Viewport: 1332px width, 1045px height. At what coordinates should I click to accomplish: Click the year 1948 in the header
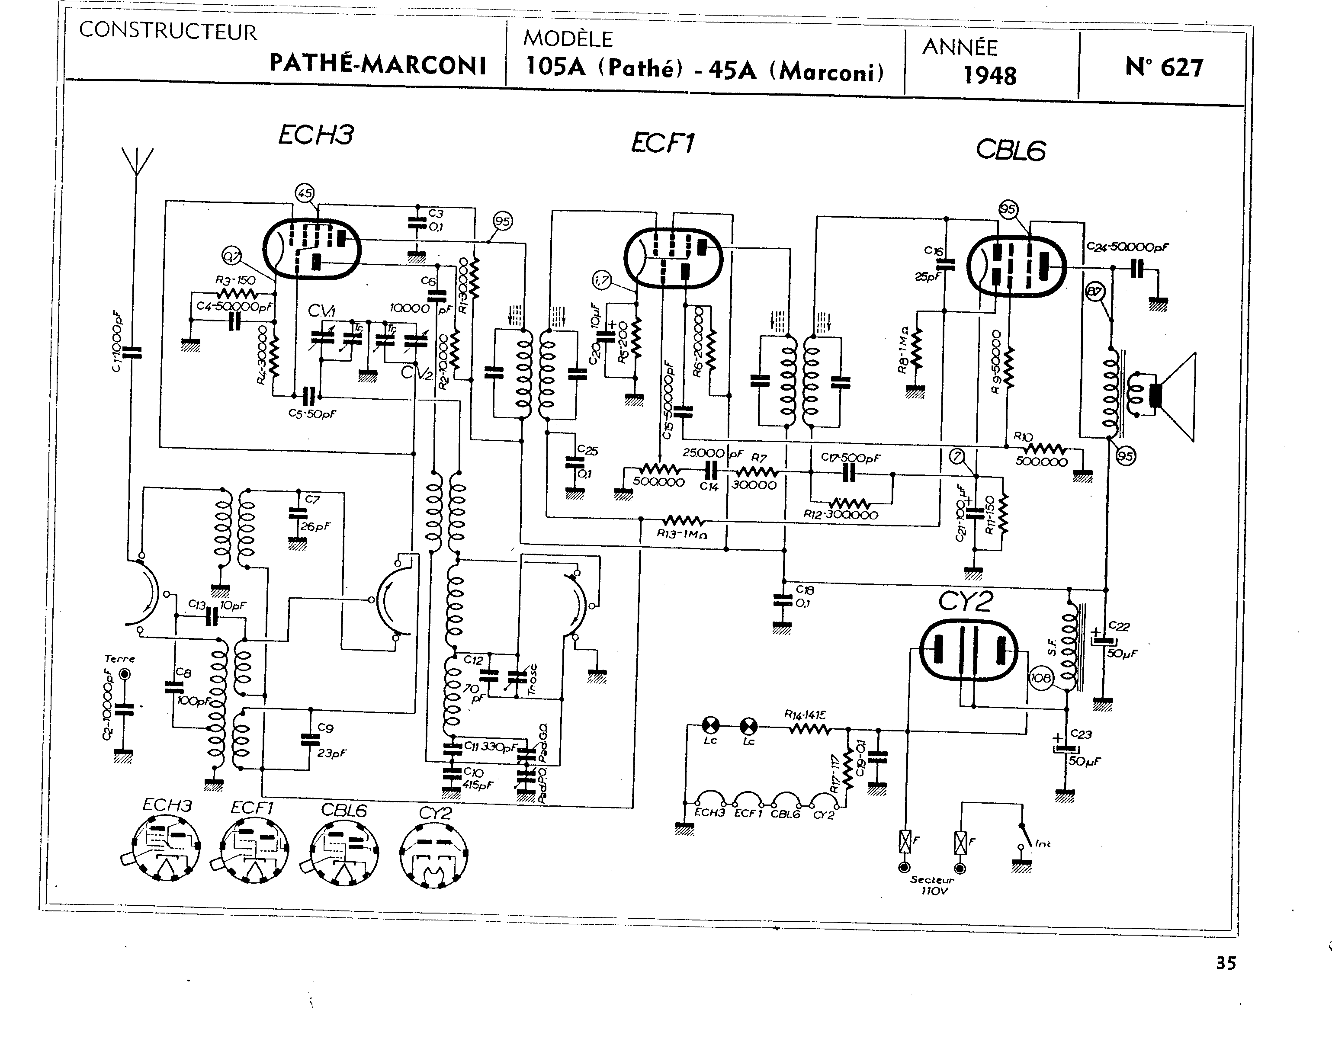989,75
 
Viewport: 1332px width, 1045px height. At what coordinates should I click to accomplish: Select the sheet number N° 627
1164,67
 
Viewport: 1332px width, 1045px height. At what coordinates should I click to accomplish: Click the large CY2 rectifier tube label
966,602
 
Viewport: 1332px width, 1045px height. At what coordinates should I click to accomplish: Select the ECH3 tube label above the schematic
316,135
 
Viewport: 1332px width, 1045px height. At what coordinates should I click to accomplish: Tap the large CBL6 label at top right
1010,151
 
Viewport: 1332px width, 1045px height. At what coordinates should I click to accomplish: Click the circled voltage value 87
1094,292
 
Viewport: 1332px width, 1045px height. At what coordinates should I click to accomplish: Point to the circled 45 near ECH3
304,193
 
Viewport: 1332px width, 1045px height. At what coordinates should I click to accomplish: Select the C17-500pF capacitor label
851,458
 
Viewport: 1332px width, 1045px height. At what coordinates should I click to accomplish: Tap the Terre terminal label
120,659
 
